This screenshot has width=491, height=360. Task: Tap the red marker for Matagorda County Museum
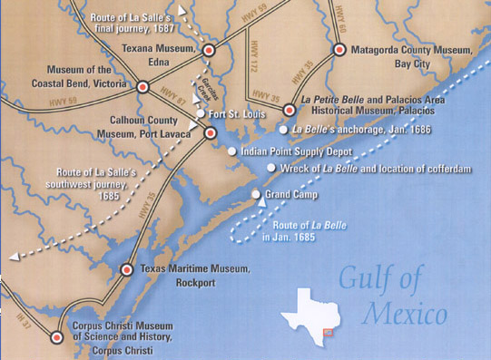coord(339,49)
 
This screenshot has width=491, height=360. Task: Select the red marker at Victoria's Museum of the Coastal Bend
coord(142,87)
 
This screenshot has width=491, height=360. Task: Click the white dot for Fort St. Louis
coord(201,113)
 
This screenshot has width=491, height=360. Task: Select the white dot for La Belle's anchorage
coord(283,130)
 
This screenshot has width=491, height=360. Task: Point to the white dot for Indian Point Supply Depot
coord(232,151)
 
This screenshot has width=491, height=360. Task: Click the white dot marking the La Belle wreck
coord(270,168)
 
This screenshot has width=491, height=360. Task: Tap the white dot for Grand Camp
coord(256,194)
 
